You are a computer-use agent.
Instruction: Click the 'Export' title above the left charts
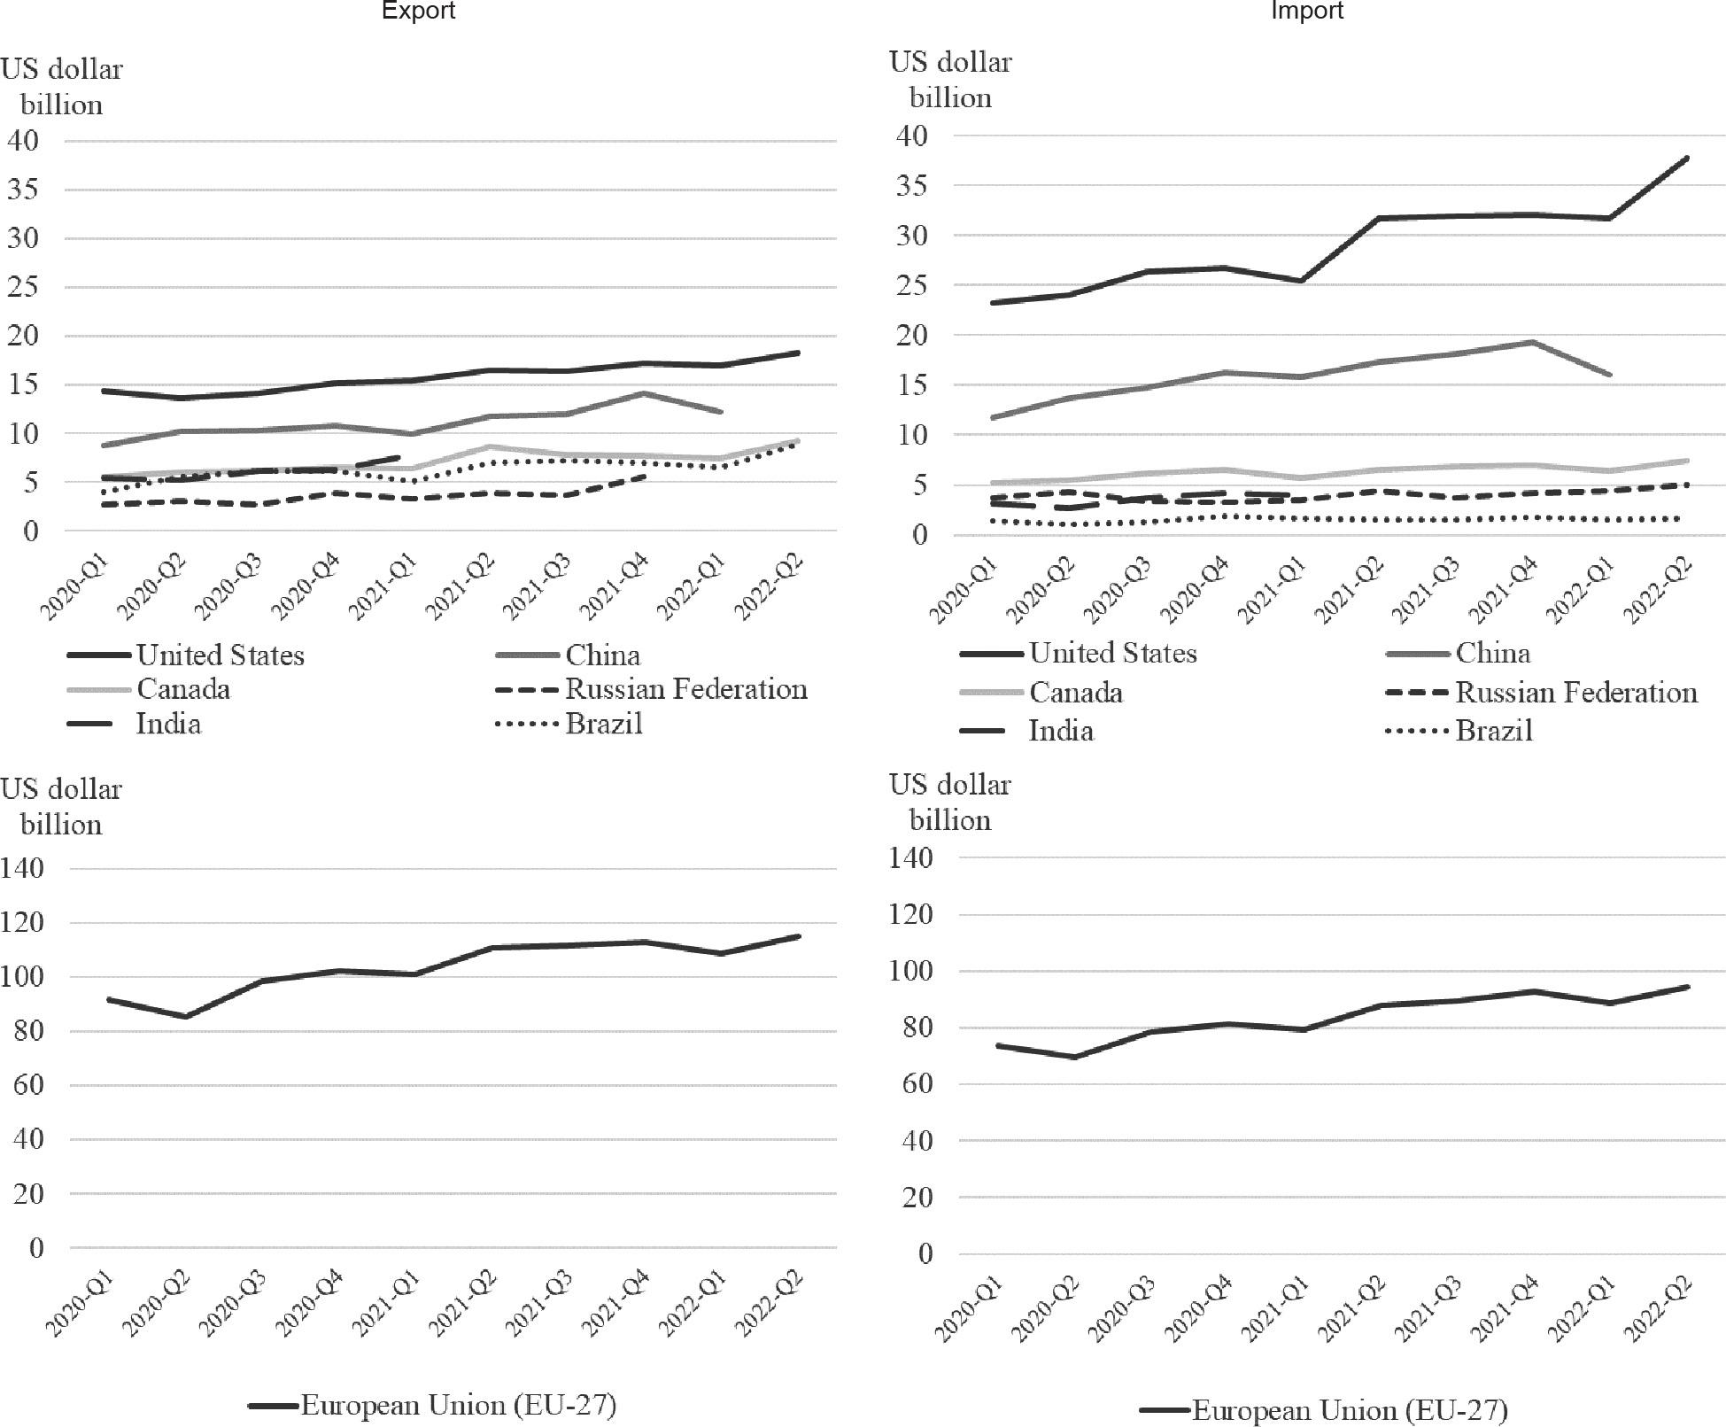(x=417, y=11)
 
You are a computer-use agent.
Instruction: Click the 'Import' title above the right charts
(x=1307, y=11)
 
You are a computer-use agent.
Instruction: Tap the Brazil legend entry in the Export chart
(x=603, y=725)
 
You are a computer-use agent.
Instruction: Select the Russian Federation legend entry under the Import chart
(x=1575, y=693)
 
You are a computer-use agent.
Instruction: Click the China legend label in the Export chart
(x=602, y=655)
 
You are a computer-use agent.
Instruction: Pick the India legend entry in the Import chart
(x=1060, y=732)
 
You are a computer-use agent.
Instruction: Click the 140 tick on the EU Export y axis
(x=23, y=868)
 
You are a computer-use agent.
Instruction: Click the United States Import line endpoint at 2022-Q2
(x=1686, y=158)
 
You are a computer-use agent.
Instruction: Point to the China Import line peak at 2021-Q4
(x=1531, y=342)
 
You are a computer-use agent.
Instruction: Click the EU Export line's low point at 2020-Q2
(x=185, y=1016)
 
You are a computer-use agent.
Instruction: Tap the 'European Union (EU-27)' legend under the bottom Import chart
(x=1349, y=1410)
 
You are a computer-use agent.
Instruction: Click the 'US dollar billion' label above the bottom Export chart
(x=61, y=806)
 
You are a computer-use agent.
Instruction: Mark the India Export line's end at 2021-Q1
(x=400, y=457)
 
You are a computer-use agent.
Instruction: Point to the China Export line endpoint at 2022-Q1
(x=721, y=412)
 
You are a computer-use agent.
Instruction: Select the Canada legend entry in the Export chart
(x=182, y=690)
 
